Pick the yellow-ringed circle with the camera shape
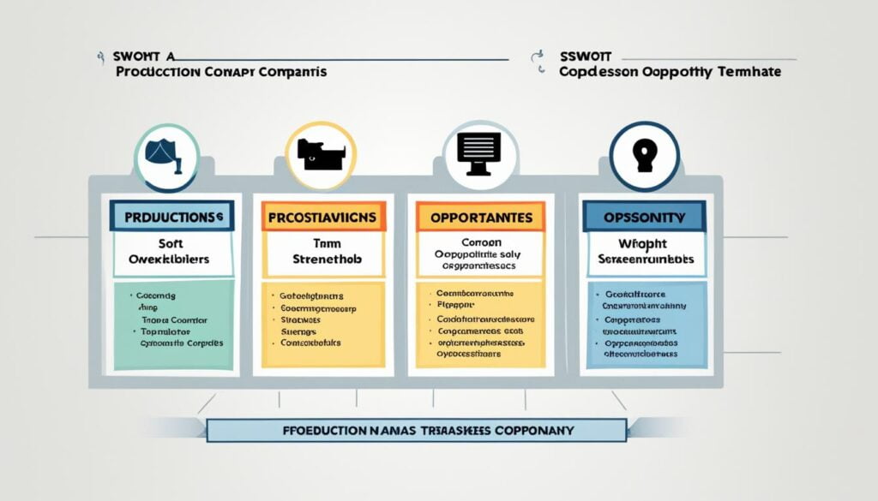[320, 155]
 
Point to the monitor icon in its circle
[479, 155]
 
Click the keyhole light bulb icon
[644, 155]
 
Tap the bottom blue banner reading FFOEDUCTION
[416, 429]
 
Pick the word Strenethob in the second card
[324, 258]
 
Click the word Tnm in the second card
[324, 242]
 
